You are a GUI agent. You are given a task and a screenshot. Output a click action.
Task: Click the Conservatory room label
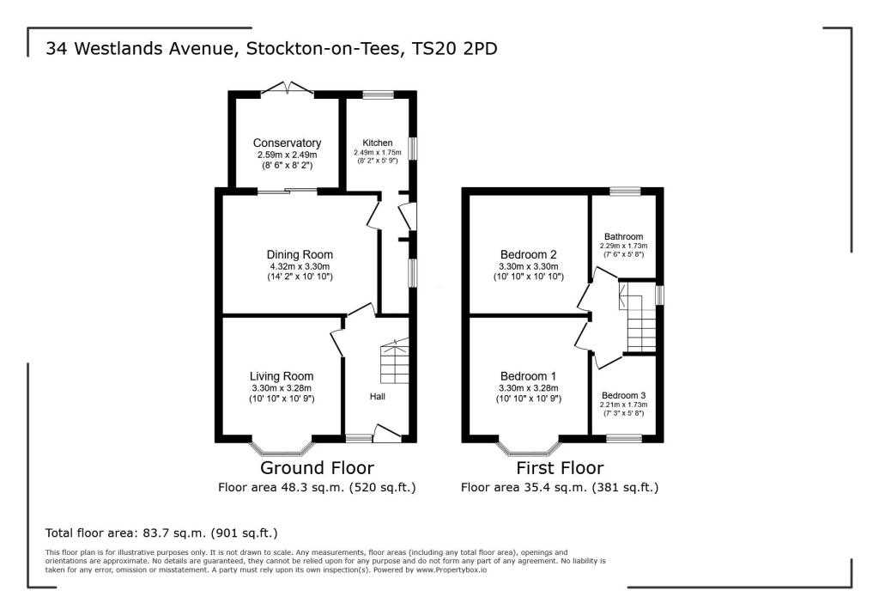click(x=287, y=143)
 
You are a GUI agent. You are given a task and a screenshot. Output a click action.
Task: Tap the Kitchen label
click(x=377, y=143)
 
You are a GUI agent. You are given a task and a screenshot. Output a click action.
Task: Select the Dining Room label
click(x=300, y=254)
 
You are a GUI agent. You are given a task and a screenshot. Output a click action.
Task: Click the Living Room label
click(x=282, y=376)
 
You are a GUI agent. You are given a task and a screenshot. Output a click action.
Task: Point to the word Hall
click(x=378, y=397)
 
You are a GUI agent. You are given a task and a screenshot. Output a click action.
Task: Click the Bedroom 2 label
click(x=529, y=254)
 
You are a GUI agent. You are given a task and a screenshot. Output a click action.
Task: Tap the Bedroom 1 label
click(x=529, y=376)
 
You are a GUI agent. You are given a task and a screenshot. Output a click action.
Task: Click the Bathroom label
click(x=623, y=236)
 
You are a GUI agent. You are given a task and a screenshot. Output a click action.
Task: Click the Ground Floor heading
click(x=317, y=468)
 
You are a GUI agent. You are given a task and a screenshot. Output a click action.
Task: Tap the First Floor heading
click(x=559, y=468)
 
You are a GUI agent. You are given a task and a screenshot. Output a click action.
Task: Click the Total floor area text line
click(x=162, y=533)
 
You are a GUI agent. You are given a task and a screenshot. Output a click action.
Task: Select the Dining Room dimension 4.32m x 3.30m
click(x=300, y=266)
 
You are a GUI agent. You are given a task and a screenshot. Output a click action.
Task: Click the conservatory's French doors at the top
click(x=287, y=88)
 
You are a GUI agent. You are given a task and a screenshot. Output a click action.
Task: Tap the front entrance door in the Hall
click(x=388, y=434)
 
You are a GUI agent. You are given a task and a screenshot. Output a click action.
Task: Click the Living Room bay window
click(x=282, y=448)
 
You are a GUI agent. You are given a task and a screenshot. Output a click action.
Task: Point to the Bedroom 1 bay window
click(x=529, y=448)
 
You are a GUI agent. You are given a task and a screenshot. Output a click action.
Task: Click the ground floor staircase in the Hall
click(x=394, y=361)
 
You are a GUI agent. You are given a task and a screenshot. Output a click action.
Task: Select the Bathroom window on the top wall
click(x=624, y=190)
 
